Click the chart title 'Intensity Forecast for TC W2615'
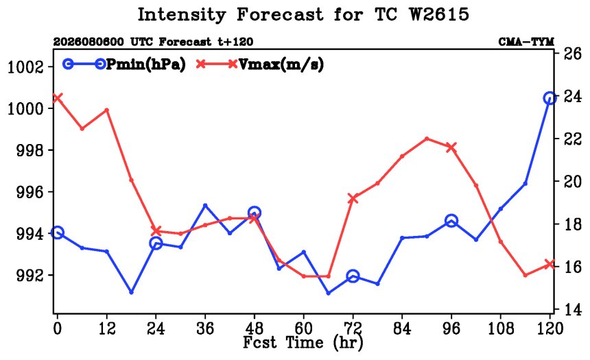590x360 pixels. click(303, 15)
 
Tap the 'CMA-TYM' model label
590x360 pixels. click(526, 42)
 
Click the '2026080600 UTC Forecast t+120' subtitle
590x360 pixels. click(153, 42)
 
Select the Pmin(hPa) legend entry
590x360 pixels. click(124, 64)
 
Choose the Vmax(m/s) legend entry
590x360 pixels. click(259, 64)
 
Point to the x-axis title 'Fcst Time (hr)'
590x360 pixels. click(303, 342)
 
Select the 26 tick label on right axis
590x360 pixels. click(572, 53)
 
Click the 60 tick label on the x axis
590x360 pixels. click(303, 328)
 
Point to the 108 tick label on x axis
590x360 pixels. click(500, 328)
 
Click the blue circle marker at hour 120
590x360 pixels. click(550, 98)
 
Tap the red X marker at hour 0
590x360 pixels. click(57, 98)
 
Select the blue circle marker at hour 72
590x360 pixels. click(353, 276)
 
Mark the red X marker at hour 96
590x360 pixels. click(451, 147)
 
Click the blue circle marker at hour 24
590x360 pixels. click(156, 243)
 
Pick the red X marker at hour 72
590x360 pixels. click(353, 198)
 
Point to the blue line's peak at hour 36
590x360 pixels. click(205, 206)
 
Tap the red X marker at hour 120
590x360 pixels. click(550, 264)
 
